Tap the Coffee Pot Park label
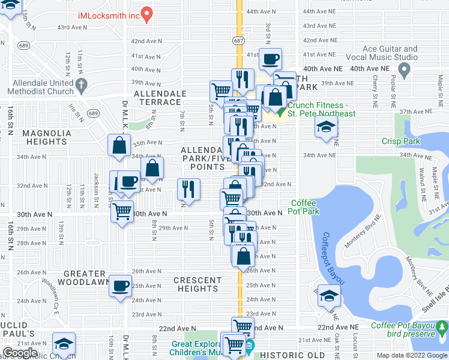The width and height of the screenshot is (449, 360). click(304, 207)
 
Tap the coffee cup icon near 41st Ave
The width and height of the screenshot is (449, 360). click(270, 59)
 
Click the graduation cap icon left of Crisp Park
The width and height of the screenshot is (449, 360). click(327, 127)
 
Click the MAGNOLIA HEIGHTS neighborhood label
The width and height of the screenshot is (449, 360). click(46, 137)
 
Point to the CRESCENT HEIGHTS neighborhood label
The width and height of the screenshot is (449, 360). click(197, 284)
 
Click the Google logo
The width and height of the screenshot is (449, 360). click(20, 353)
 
